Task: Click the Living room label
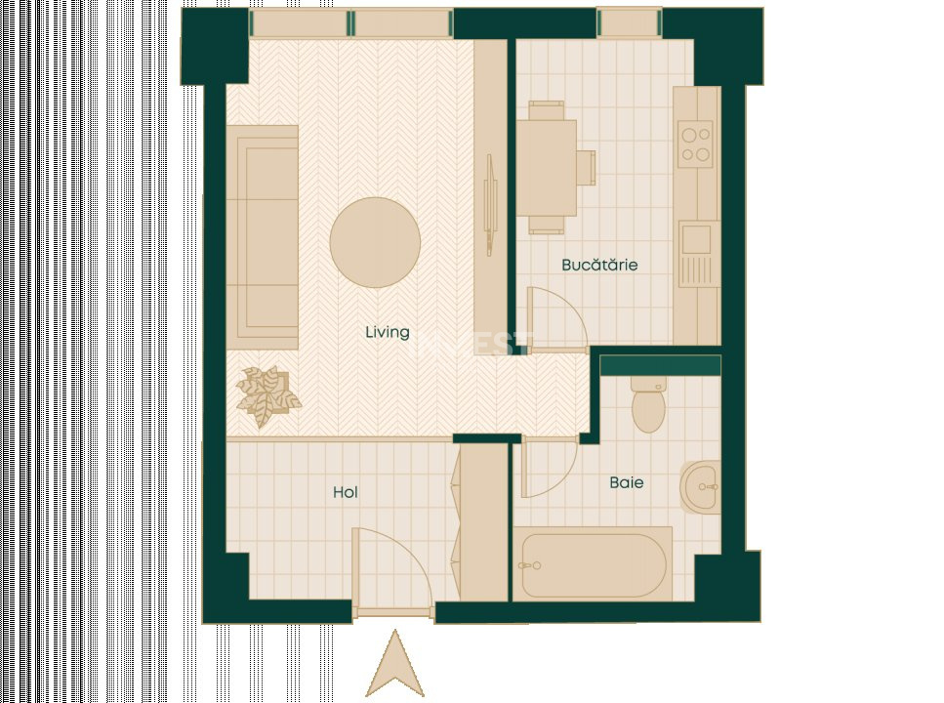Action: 387,332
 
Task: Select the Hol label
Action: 345,492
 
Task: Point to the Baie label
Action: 627,482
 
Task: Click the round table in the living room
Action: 375,242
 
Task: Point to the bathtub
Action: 594,564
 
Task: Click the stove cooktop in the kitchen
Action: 697,143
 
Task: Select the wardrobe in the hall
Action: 482,522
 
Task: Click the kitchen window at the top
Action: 629,21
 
